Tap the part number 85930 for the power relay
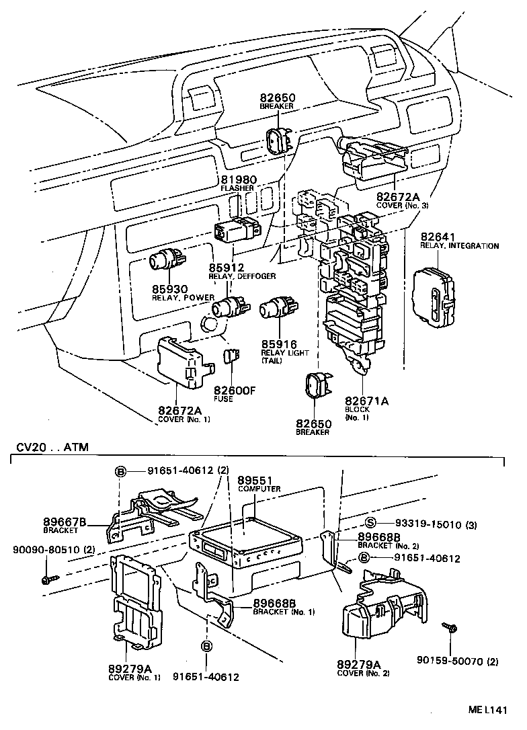click(167, 288)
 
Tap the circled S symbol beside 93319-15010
click(370, 524)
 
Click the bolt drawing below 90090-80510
click(49, 577)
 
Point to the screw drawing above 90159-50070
click(450, 629)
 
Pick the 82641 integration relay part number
click(439, 237)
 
